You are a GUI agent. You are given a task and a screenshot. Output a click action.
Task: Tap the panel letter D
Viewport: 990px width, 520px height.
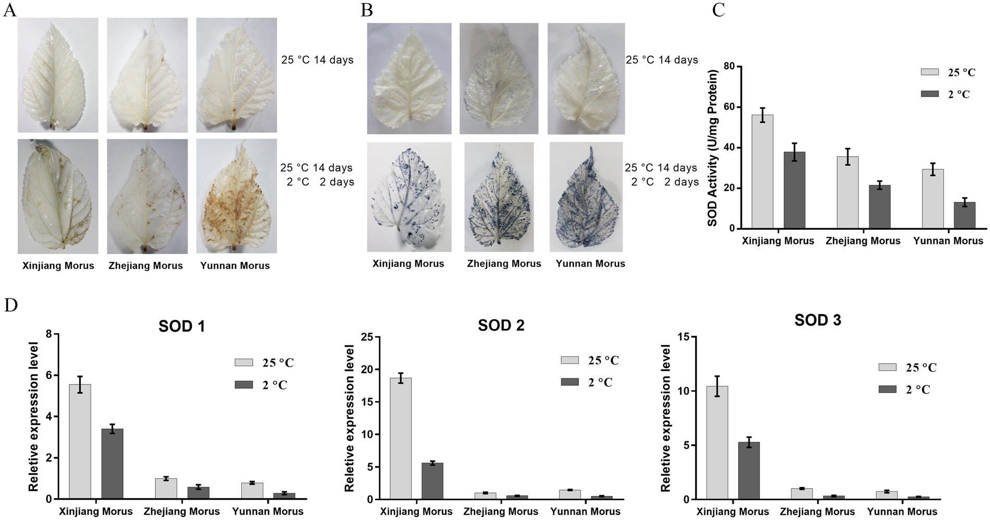coord(10,305)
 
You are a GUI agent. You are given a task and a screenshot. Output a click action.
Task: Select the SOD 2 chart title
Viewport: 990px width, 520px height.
coord(501,325)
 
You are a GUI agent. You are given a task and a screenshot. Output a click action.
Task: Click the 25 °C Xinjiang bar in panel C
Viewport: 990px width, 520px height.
coord(762,171)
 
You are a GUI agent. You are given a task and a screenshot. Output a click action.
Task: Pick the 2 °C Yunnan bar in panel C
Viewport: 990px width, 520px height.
coord(964,215)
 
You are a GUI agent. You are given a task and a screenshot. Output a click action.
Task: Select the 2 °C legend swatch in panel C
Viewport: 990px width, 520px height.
coord(930,94)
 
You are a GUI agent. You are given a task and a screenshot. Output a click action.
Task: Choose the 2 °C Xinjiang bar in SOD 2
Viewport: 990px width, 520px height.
coord(432,481)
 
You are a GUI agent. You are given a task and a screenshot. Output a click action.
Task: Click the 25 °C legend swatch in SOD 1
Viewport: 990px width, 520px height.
coord(243,363)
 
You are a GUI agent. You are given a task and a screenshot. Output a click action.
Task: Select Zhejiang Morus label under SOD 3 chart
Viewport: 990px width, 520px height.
coord(816,512)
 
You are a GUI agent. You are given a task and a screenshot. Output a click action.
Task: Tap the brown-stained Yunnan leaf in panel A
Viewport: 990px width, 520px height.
coord(236,196)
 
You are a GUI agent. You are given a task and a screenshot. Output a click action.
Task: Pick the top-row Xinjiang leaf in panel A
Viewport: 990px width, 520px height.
coord(57,75)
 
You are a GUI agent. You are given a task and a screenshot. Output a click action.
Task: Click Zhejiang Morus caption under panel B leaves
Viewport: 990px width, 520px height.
coord(504,264)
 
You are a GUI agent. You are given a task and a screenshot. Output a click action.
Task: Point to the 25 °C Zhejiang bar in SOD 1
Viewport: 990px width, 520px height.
coord(166,488)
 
